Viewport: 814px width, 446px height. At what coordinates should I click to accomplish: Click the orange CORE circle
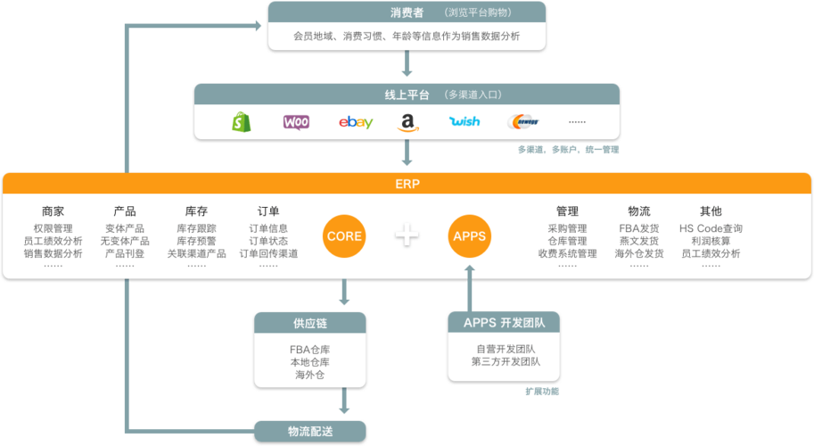[x=344, y=235]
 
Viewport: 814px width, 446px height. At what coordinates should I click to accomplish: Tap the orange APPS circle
[x=470, y=235]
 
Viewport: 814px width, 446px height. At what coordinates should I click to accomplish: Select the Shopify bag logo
[x=241, y=122]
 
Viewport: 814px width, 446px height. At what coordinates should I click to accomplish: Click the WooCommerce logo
[x=296, y=122]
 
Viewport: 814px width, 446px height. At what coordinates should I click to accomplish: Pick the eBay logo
[x=356, y=122]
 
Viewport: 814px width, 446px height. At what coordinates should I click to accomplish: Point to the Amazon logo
[x=407, y=122]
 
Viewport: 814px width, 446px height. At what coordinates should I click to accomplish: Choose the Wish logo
[x=465, y=122]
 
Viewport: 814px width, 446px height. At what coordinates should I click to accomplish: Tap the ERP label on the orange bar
[x=407, y=184]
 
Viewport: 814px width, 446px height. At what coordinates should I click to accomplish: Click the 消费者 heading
[x=407, y=12]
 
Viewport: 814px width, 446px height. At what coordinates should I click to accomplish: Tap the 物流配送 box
[x=311, y=432]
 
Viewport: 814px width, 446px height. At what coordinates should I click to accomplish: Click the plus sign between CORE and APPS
[x=407, y=235]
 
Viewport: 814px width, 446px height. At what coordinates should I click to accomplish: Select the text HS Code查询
[x=711, y=228]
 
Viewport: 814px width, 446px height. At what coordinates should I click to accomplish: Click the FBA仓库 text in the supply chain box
[x=309, y=349]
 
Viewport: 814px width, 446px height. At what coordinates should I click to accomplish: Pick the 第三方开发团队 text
[x=506, y=361]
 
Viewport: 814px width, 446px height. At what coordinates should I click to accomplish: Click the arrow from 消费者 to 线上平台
[x=407, y=64]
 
